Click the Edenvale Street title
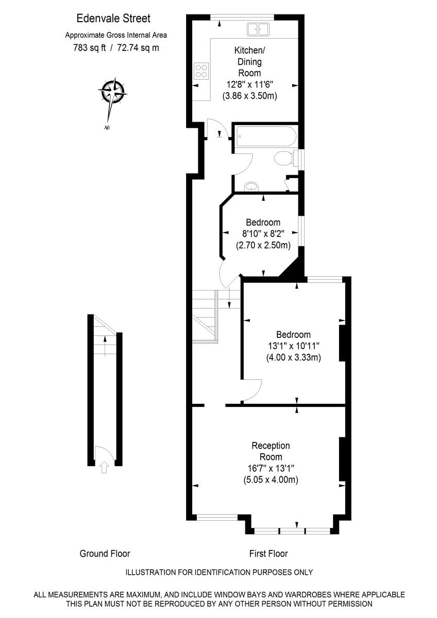coord(113,19)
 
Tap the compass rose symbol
coord(112,93)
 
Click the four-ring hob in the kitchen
coord(201,71)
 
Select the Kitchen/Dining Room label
coord(249,61)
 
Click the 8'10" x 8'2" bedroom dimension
coord(263,234)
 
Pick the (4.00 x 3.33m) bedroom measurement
coord(293,357)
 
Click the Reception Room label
coord(271,451)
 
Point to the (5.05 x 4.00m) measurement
coord(271,479)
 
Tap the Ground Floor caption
coord(105,554)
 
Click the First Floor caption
coord(268,554)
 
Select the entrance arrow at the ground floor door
coord(105,467)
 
